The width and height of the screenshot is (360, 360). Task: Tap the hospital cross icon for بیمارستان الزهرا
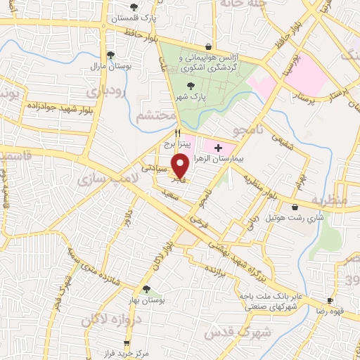218,148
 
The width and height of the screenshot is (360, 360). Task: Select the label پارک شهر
193,97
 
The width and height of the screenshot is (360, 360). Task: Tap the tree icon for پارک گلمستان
134,6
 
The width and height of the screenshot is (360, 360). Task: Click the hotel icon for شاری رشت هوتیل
294,207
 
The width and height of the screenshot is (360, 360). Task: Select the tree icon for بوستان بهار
146,289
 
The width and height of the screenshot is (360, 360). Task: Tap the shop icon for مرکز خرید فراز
127,344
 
